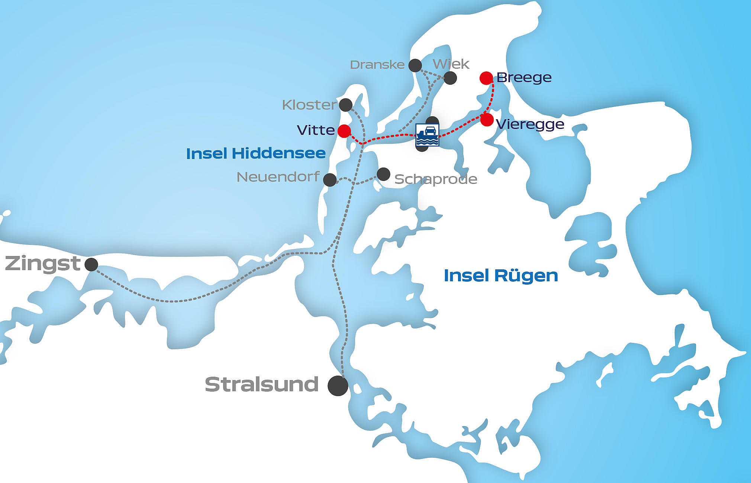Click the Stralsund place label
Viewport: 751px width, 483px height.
[x=262, y=385]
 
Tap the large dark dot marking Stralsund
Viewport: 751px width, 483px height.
[x=338, y=386]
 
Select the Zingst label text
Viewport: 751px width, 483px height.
[x=43, y=263]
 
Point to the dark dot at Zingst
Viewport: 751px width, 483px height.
[x=91, y=265]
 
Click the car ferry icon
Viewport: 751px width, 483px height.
[x=427, y=135]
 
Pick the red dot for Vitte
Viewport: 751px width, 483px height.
[x=344, y=131]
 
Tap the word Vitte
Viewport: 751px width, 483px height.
[x=316, y=130]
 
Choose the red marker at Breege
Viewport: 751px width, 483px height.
[x=486, y=78]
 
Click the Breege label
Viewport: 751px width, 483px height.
[x=524, y=78]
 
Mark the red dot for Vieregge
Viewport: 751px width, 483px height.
[x=487, y=120]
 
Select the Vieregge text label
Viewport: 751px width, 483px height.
[x=530, y=124]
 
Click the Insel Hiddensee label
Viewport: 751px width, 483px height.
[x=256, y=153]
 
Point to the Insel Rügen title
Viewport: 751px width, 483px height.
[x=501, y=276]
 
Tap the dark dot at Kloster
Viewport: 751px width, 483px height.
[x=346, y=105]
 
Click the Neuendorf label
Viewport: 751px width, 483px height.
[x=278, y=177]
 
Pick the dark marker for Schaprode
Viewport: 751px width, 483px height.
[x=383, y=174]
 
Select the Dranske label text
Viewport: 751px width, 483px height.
[x=377, y=65]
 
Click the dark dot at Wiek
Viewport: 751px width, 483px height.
[x=450, y=78]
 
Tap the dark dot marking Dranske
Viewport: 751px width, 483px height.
[x=415, y=65]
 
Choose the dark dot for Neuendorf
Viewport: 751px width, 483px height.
[x=330, y=180]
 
